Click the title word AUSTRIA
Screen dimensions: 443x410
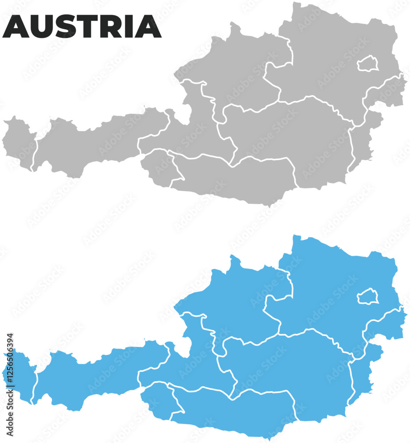82,27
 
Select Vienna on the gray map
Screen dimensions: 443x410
367,64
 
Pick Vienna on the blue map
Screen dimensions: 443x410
367,296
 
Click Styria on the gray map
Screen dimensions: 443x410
288,133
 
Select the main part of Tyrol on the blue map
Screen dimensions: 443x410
89,372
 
